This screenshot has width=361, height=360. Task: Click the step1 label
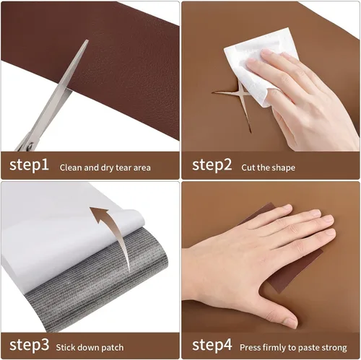point(29,164)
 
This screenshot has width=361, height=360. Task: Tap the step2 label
point(212,164)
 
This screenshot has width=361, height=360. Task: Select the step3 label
point(29,345)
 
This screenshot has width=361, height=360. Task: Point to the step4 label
point(212,345)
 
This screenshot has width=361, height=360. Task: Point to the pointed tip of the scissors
point(87,40)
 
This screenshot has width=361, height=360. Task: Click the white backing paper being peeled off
point(67,231)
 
